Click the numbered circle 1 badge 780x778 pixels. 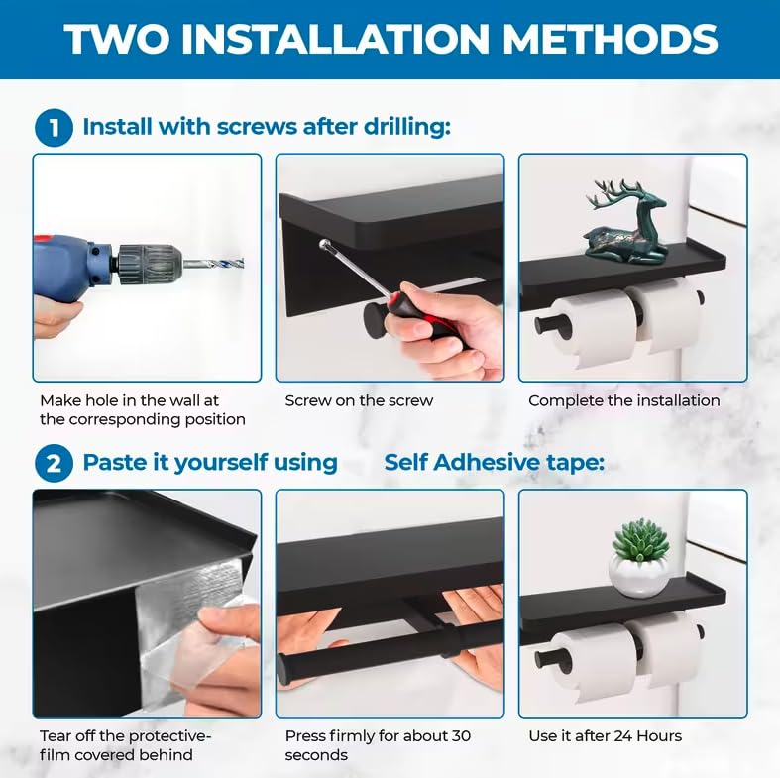point(54,128)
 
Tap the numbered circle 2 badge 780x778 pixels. point(54,464)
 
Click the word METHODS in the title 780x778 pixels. point(611,39)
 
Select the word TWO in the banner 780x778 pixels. point(116,39)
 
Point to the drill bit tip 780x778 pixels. point(242,263)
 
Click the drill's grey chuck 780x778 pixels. point(150,264)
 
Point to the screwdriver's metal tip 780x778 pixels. point(325,244)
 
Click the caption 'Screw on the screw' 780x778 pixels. point(359,401)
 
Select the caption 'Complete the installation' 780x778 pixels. point(623,401)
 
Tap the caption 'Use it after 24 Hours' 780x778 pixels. point(605,735)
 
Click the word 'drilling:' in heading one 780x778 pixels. point(407,126)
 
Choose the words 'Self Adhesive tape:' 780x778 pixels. point(494,462)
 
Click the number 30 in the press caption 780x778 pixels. point(461,736)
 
